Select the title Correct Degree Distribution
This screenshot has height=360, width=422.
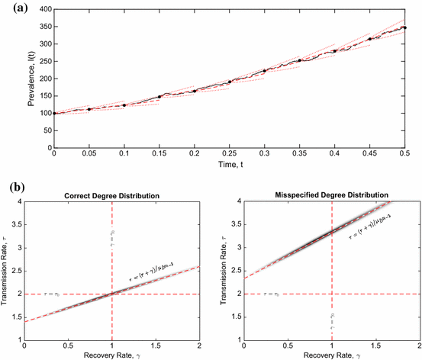click(111, 196)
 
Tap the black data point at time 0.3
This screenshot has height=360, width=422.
click(264, 71)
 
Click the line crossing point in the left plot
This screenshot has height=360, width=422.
click(112, 294)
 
